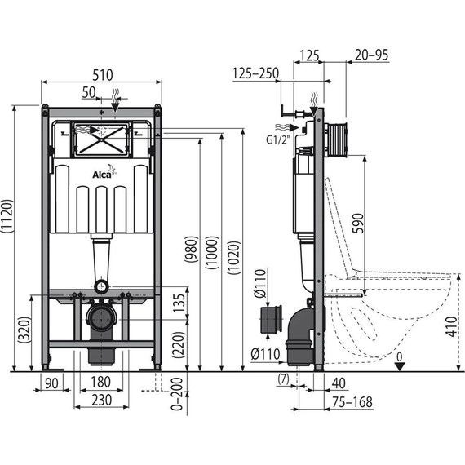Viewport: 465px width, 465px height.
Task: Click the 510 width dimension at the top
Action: point(101,73)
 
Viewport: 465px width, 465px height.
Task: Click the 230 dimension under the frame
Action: point(101,400)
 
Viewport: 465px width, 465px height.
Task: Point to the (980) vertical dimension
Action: point(189,250)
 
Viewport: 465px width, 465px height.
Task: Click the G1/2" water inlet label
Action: point(278,139)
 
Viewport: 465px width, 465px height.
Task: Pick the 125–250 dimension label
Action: point(255,73)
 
